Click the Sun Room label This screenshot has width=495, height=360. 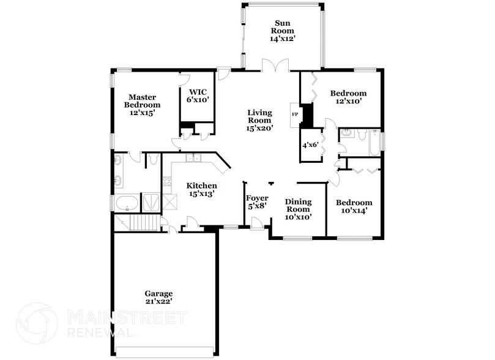coord(283,31)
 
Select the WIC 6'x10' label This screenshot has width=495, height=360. coord(198,96)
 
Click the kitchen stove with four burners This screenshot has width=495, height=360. coord(166,182)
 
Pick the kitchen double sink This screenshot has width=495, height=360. coord(193,158)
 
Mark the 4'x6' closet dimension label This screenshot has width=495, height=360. coord(311,146)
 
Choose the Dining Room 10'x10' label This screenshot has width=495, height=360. coord(298,209)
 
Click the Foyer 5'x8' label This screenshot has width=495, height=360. coord(257,202)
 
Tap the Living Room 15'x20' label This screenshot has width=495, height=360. coord(259,120)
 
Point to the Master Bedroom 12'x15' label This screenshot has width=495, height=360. coord(142,105)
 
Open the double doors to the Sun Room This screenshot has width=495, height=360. coord(274,65)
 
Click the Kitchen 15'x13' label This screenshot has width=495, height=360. coord(201,189)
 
